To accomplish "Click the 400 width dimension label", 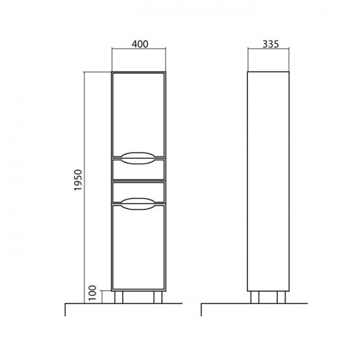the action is (140, 44).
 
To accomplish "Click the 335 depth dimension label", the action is (271, 44).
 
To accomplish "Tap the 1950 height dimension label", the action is (78, 180).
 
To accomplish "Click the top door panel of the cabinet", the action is (139, 115).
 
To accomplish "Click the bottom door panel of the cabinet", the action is (139, 247).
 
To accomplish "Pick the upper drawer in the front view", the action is (139, 169).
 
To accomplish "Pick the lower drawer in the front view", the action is (139, 193).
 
